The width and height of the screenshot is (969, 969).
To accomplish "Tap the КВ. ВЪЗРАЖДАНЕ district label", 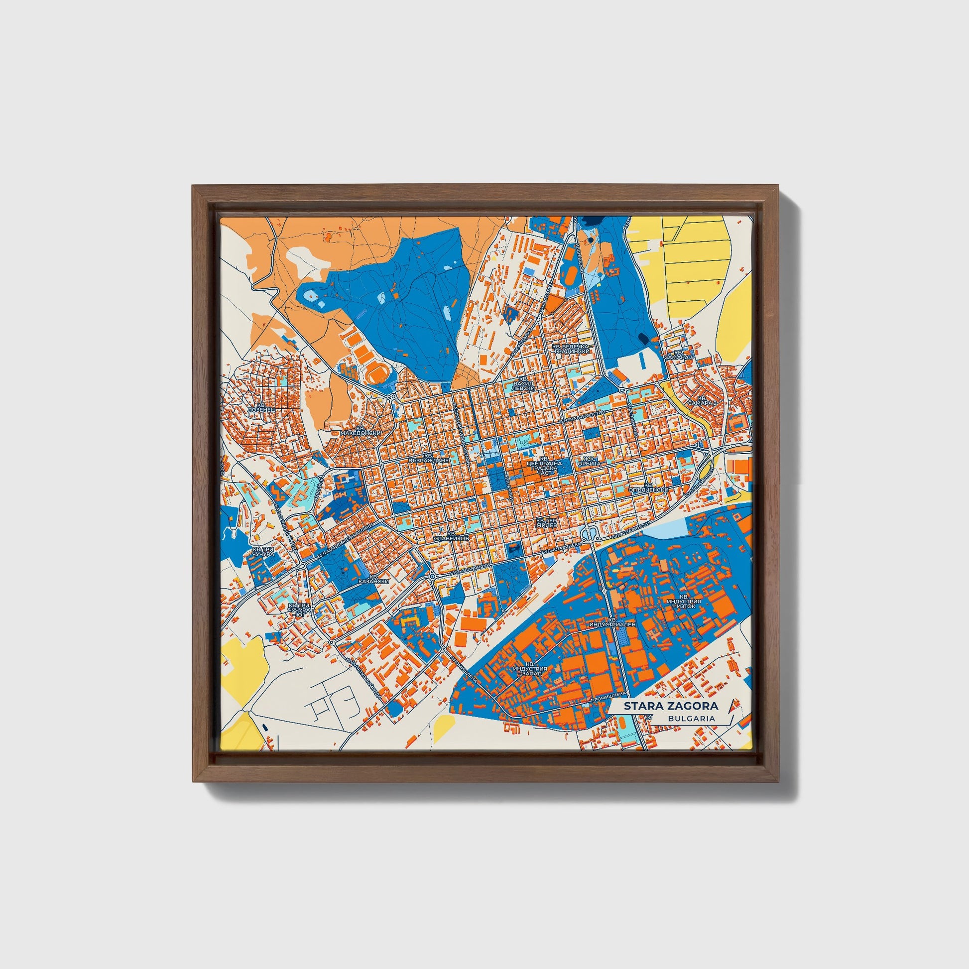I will pyautogui.click(x=428, y=457).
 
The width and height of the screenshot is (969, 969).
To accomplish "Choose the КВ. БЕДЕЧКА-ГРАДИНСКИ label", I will pyautogui.click(x=570, y=349).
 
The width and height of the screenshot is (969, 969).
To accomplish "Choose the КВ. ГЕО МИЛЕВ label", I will pyautogui.click(x=547, y=523).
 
